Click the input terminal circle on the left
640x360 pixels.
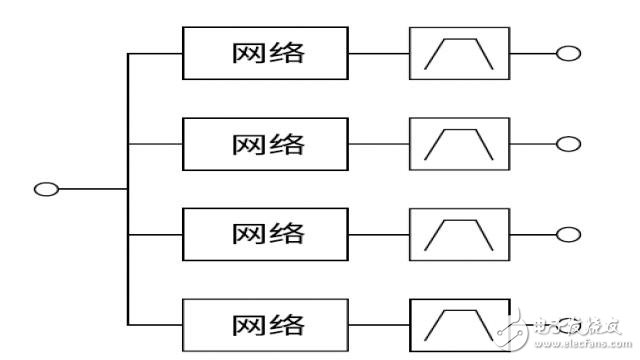coord(46,188)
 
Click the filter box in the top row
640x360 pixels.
coord(459,53)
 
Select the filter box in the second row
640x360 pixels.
coord(459,143)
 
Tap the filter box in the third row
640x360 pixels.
coord(459,233)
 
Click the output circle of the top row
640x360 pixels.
coord(568,53)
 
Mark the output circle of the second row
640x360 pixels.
coord(568,143)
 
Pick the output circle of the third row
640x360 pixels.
coord(568,234)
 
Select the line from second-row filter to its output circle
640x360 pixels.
coord(532,143)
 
